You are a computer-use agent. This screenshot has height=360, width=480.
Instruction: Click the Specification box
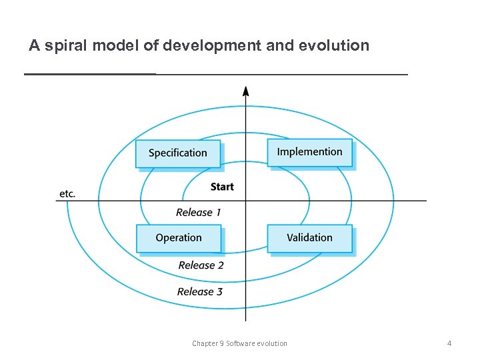(177, 153)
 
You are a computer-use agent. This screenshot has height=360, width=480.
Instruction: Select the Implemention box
(309, 152)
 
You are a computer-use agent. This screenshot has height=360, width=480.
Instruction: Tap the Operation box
(178, 238)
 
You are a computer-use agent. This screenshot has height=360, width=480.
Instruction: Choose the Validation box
(309, 238)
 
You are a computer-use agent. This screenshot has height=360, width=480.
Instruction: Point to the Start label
(222, 187)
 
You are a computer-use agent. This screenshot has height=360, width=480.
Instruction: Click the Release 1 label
(199, 213)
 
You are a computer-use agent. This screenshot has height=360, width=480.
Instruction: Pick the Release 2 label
(201, 265)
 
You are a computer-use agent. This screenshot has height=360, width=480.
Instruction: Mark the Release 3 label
(200, 291)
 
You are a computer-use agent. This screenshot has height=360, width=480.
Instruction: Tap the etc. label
(67, 194)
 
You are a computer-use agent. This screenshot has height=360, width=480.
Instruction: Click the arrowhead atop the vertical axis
(246, 91)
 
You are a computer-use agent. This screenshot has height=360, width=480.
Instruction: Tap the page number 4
(449, 343)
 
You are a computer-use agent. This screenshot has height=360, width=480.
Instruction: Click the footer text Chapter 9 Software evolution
(239, 343)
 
